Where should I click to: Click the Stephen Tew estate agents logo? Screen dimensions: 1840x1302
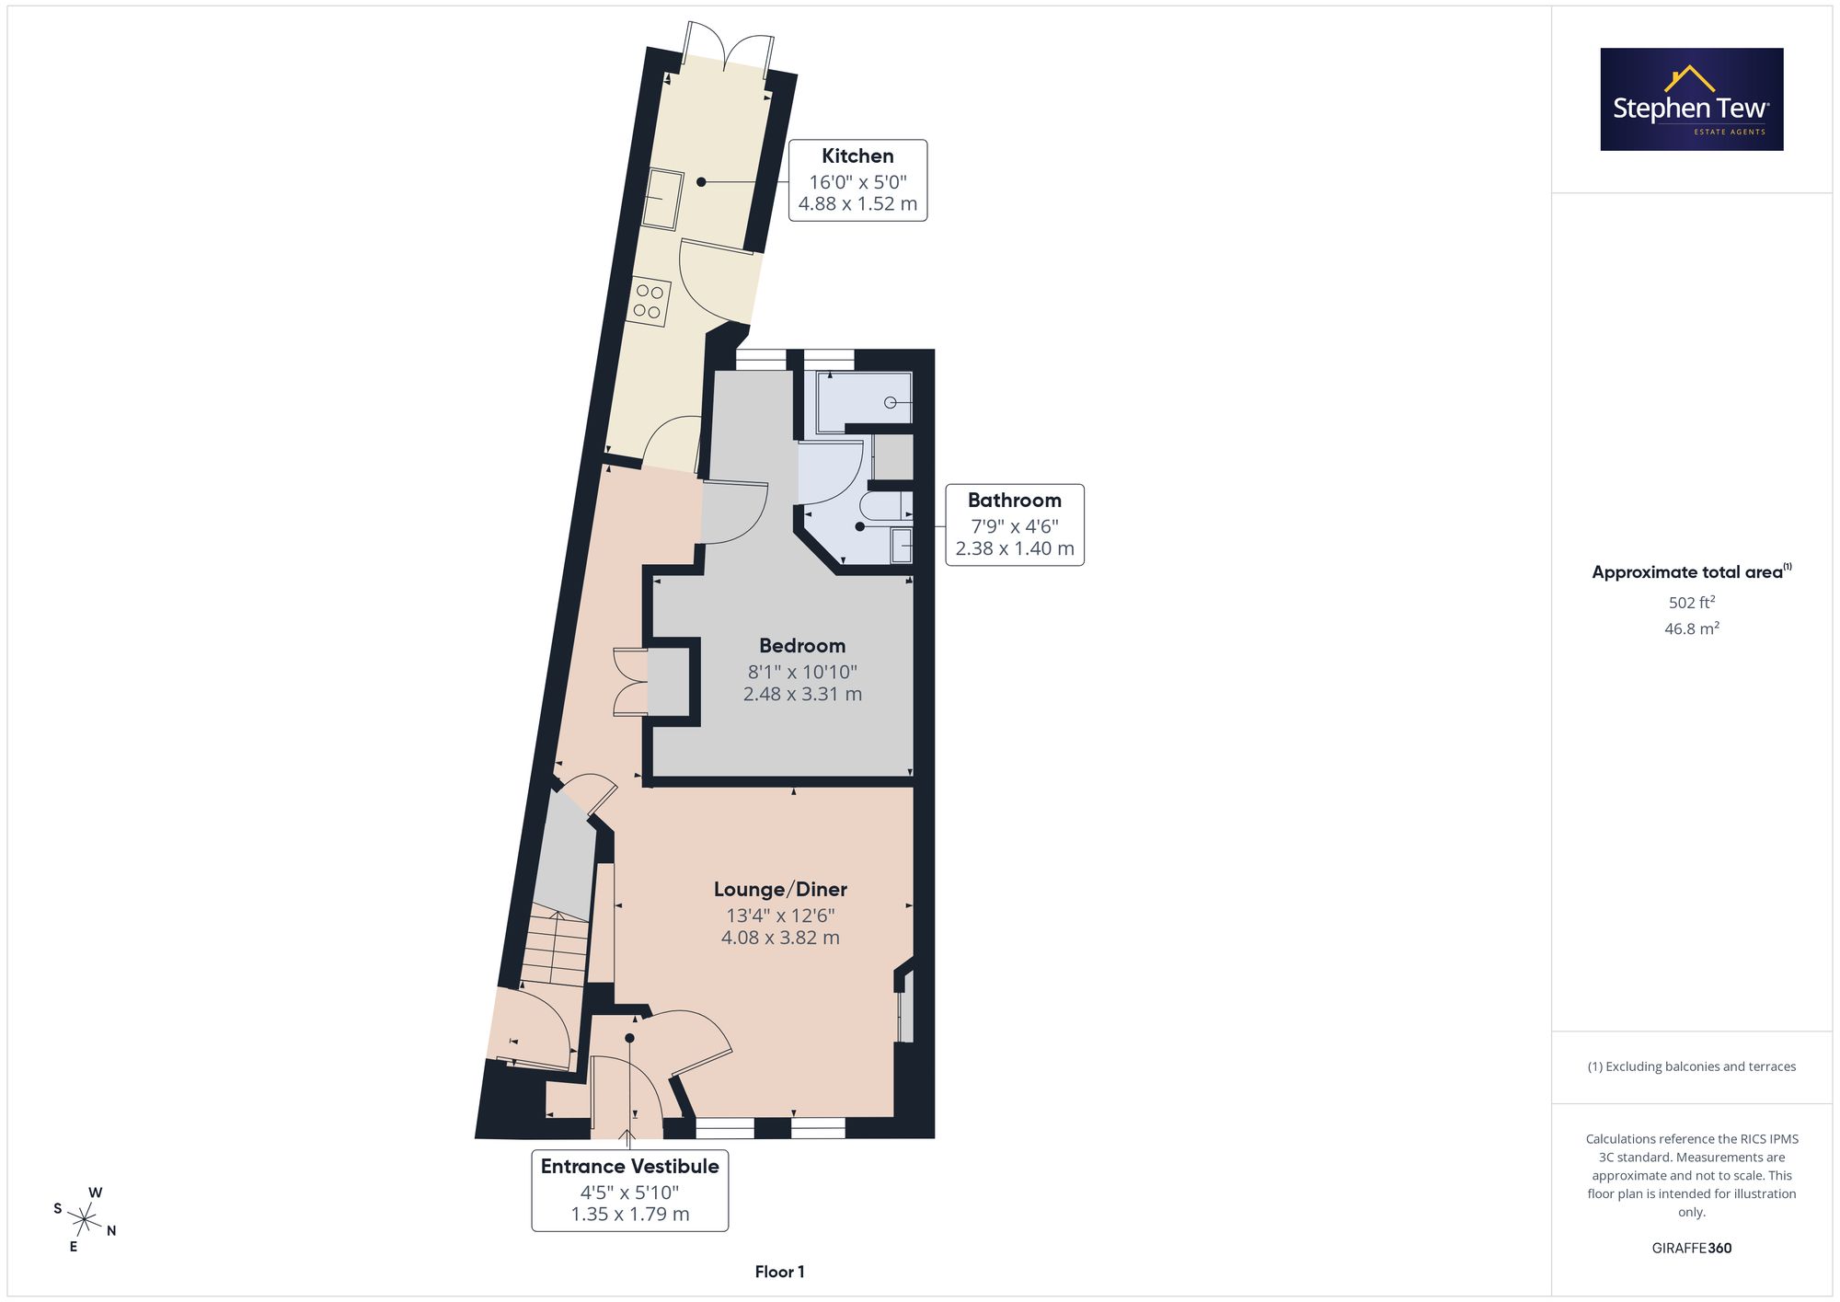1692,99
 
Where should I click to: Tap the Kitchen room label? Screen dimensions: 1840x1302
857,156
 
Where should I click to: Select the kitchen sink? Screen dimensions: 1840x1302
661,199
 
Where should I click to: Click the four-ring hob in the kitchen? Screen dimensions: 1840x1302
649,302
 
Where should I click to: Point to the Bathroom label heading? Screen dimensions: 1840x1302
1014,501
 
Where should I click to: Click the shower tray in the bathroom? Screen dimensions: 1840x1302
864,402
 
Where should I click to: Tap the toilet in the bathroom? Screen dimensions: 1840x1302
880,506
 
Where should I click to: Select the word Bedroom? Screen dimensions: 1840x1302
802,646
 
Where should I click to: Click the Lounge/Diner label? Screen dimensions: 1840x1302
780,890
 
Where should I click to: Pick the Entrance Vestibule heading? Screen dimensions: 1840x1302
630,1167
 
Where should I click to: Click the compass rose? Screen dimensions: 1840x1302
85,1220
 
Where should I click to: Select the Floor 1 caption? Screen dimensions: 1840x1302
780,1273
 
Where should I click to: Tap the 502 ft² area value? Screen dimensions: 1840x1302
1692,603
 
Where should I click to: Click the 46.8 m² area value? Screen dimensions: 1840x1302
1692,629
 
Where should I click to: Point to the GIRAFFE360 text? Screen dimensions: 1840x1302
1692,1249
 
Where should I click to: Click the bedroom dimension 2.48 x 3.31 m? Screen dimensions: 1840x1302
802,695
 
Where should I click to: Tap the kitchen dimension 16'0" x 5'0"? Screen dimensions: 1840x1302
857,182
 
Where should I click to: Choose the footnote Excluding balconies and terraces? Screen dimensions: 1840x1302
1692,1067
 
